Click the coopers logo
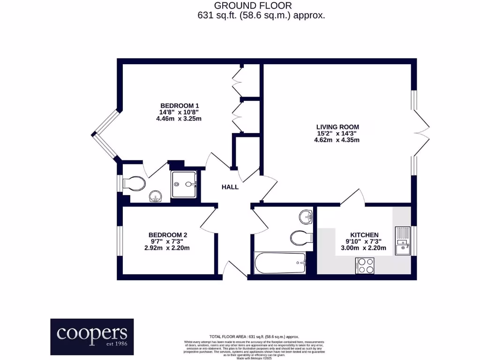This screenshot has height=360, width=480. pos(92,337)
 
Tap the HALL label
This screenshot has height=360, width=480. pos(230,187)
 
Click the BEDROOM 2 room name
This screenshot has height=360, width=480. pos(168,235)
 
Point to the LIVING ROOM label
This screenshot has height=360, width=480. pos(337,127)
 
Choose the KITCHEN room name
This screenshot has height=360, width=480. pos(364,235)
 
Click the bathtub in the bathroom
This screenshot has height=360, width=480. pos(280,263)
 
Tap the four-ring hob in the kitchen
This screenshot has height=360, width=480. pos(366,265)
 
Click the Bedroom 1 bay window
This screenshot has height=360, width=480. pos(106,136)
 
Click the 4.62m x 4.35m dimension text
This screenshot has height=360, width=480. pos(337,141)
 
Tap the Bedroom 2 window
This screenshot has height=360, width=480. pos(120,241)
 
